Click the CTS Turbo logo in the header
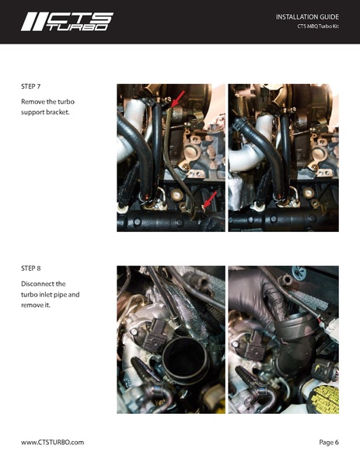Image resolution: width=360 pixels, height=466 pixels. (x=67, y=21)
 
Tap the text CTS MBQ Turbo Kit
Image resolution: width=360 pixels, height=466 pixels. (x=319, y=26)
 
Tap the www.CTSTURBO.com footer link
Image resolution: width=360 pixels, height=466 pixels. (x=52, y=442)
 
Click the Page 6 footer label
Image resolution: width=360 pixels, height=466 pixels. (x=329, y=442)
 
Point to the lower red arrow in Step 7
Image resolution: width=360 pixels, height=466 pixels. (x=208, y=202)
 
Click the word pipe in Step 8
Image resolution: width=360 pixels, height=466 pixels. (x=67, y=295)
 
